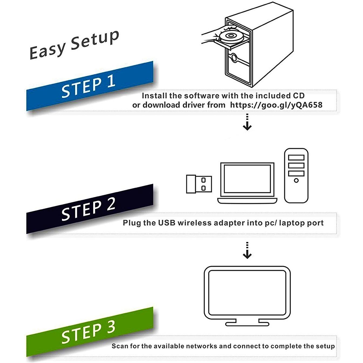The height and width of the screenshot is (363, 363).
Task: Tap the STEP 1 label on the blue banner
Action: tap(88, 87)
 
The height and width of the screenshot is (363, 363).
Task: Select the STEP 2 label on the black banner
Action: tap(88, 210)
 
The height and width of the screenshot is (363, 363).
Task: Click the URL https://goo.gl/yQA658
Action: tap(276, 105)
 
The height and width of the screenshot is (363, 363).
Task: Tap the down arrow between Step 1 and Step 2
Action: tap(247, 123)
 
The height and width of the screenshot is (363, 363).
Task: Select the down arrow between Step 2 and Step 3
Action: tap(247, 251)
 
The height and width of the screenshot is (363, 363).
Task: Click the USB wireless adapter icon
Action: tap(199, 184)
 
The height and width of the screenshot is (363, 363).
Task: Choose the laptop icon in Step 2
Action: tap(247, 183)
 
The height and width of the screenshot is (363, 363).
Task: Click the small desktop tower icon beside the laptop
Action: tap(296, 175)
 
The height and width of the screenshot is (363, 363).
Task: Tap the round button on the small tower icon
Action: tap(296, 180)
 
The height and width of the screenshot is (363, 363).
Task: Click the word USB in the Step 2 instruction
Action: tap(167, 223)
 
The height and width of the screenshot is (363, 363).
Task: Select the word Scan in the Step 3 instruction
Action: tap(120, 346)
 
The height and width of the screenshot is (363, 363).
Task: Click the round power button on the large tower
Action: tap(234, 58)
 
